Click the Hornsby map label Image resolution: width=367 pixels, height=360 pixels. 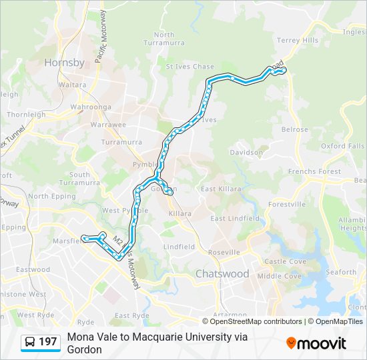pos(64,63)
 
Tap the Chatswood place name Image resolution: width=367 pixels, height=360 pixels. pos(222,274)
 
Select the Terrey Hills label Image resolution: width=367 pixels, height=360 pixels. pos(298,41)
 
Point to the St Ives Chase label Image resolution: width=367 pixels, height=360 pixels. pos(190,67)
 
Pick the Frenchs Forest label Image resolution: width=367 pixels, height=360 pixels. pos(314,171)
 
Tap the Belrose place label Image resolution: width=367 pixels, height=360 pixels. pos(294,130)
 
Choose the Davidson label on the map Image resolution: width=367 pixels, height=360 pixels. pos(246,153)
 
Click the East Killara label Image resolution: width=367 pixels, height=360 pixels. pos(219,189)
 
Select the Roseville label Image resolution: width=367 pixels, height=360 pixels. pos(224,253)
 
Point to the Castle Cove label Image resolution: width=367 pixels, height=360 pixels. pos(285,262)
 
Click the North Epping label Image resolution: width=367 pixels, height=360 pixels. pos(47,197)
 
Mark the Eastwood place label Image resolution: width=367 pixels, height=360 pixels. pos(33,270)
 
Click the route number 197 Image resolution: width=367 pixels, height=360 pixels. pos(48,342)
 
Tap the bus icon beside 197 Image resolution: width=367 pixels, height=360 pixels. pos(30,342)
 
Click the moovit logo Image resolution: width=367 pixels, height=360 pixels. pos(316,343)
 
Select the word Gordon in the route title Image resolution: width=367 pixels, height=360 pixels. pos(84,349)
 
